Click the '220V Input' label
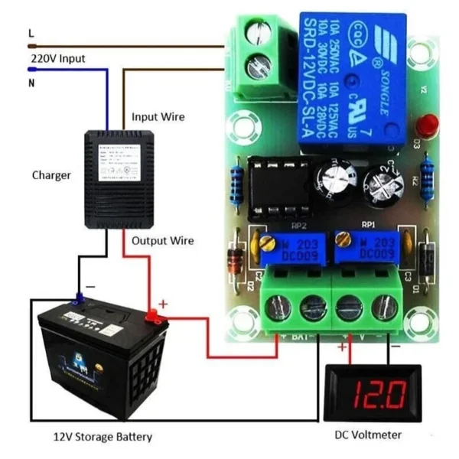tap(57, 57)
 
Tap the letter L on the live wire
tap(31, 33)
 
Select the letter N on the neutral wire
tap(31, 83)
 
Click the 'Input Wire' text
tap(158, 117)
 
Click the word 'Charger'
tap(51, 175)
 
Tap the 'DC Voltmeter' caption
tap(368, 435)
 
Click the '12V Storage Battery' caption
tap(102, 437)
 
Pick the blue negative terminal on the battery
tap(80, 298)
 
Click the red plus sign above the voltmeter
tap(341, 348)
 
